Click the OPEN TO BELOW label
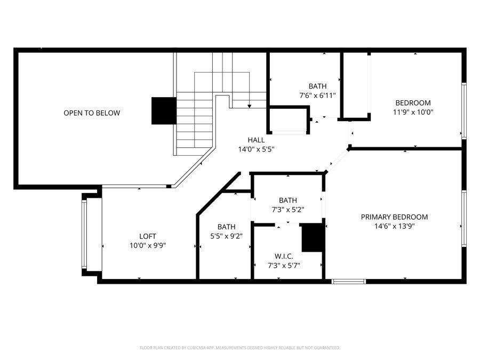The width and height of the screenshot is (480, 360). [x=92, y=113]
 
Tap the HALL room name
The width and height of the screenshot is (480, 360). [x=256, y=140]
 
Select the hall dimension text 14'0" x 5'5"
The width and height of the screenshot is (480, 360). [x=256, y=149]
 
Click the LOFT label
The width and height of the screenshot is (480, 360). [x=148, y=236]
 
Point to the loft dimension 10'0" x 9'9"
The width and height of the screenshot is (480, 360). [x=148, y=245]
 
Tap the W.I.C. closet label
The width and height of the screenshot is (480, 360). [x=283, y=257]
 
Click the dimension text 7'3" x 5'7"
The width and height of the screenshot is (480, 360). [x=283, y=265]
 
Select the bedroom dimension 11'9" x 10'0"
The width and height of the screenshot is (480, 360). [x=413, y=112]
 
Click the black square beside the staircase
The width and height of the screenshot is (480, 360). [x=164, y=110]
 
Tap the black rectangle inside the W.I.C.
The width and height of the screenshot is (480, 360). [x=313, y=238]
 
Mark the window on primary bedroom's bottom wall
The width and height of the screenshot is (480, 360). [x=348, y=281]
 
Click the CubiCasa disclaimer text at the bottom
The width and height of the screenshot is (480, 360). [x=239, y=348]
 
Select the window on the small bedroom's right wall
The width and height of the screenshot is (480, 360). [x=464, y=111]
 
